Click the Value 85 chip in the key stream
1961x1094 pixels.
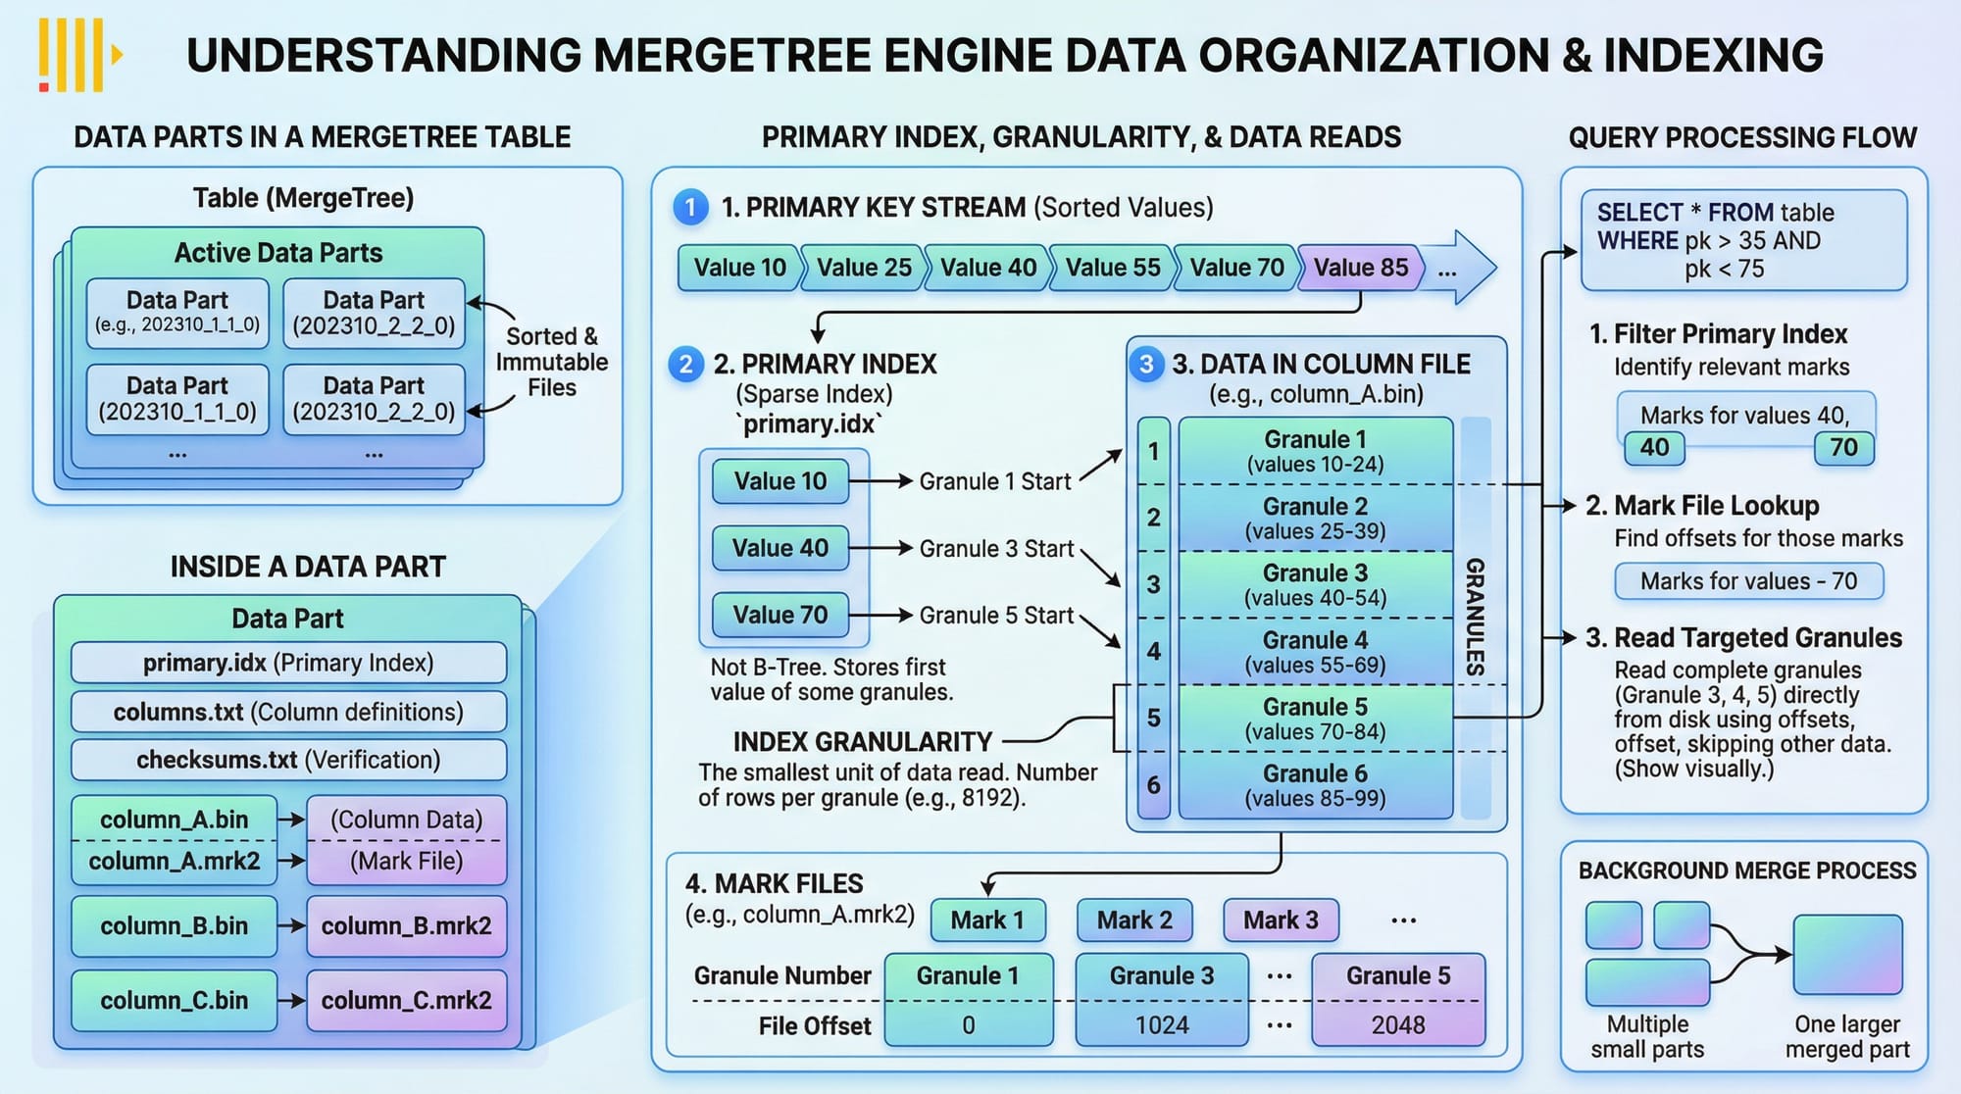1360,268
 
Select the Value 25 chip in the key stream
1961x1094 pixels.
864,268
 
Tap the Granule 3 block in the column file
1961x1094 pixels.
1315,585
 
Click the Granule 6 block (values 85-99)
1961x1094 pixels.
1315,785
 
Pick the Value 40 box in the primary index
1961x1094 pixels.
780,548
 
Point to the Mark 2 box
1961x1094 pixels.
1134,920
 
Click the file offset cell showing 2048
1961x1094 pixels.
1398,1025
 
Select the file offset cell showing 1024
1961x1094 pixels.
1162,1025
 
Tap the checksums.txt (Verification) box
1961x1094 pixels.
288,760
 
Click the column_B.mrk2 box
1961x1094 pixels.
406,926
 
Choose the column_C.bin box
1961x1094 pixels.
174,1001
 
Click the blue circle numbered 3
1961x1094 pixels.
1145,365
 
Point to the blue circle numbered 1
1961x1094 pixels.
690,207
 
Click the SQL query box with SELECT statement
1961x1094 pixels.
1743,240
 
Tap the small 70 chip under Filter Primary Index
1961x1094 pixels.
1843,448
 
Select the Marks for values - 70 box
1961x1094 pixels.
1748,581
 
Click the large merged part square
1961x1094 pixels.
1847,955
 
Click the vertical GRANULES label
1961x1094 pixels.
1475,618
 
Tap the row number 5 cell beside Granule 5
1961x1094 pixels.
1154,719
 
